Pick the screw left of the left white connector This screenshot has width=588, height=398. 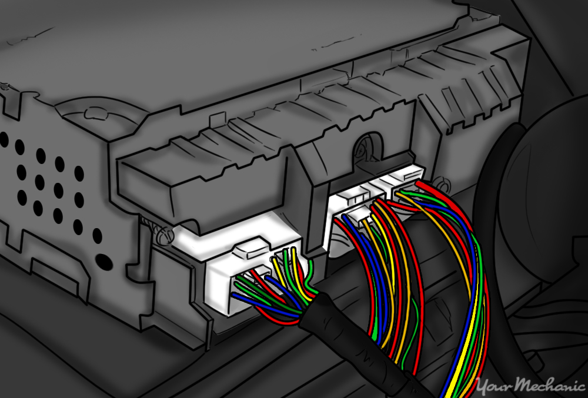coord(163,235)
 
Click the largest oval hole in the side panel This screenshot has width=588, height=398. coord(102,258)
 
